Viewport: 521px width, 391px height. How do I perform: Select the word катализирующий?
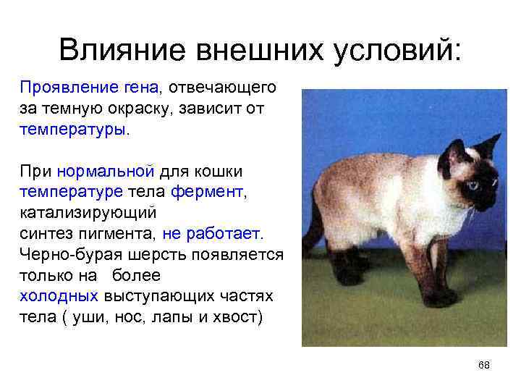pos(89,214)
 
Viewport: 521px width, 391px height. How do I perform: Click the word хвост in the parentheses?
pos(240,318)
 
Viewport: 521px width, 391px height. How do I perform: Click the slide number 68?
pos(484,366)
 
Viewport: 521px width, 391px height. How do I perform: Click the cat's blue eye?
pos(473,185)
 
